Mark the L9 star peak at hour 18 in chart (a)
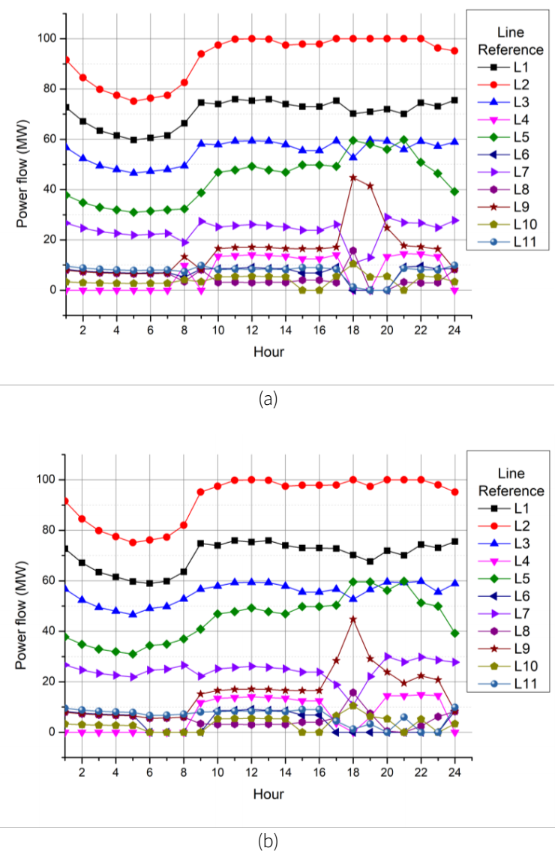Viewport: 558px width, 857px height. pyautogui.click(x=353, y=177)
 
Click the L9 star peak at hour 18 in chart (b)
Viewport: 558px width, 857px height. pyautogui.click(x=353, y=619)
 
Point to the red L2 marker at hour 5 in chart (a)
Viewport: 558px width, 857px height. pyautogui.click(x=134, y=101)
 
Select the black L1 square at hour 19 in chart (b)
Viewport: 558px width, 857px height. pyautogui.click(x=370, y=561)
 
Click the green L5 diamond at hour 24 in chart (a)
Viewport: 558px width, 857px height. pyautogui.click(x=454, y=191)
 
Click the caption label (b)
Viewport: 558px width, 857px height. pyautogui.click(x=268, y=841)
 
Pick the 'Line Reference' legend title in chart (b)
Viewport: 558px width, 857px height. pyautogui.click(x=511, y=482)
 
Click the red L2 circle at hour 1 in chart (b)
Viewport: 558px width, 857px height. pyautogui.click(x=67, y=501)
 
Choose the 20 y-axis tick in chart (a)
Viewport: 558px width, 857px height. pyautogui.click(x=53, y=240)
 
